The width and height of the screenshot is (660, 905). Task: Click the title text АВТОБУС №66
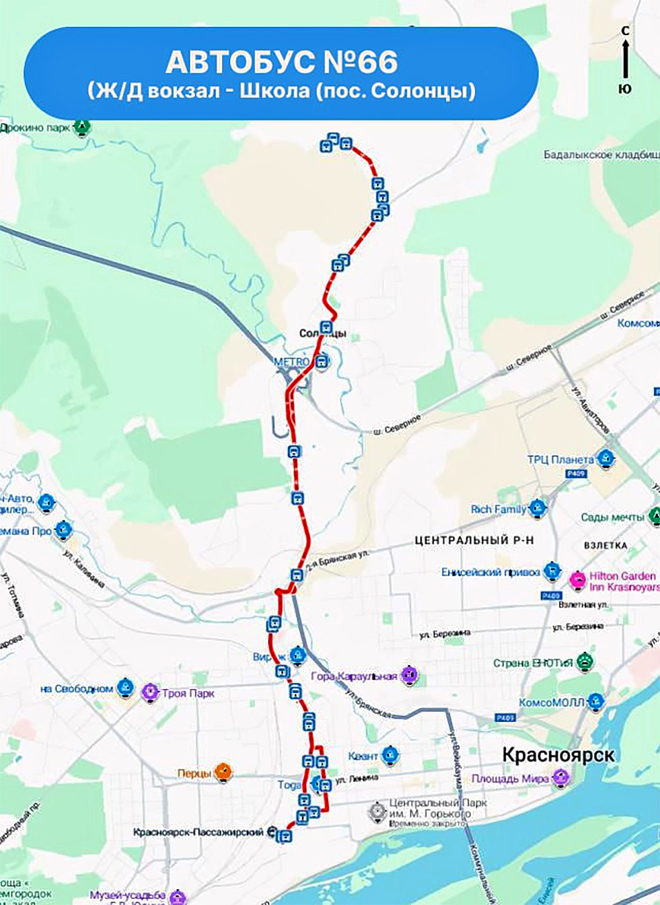click(x=281, y=63)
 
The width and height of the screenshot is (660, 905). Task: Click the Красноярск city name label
click(x=558, y=754)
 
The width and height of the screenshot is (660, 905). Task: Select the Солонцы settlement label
click(x=323, y=334)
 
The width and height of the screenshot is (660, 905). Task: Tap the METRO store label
click(x=291, y=362)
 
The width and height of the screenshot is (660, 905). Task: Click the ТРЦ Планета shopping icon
click(x=605, y=458)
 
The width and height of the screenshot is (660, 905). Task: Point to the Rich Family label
click(x=498, y=509)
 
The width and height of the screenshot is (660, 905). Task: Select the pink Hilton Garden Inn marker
click(x=577, y=579)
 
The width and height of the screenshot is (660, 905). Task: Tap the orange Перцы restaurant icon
click(x=223, y=772)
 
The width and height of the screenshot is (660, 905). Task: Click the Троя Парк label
click(x=188, y=693)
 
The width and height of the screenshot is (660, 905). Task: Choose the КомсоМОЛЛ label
click(x=551, y=702)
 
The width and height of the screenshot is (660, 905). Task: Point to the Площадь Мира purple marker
click(x=561, y=778)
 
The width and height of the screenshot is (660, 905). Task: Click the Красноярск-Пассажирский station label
click(x=198, y=832)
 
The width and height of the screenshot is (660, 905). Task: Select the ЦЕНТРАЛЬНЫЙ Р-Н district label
click(x=474, y=541)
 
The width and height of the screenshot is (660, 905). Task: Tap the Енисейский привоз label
click(x=490, y=571)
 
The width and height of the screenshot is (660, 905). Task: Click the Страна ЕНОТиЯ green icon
click(x=584, y=662)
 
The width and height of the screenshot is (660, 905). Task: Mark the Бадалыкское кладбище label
click(x=600, y=155)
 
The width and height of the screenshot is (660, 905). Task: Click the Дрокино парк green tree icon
click(x=82, y=127)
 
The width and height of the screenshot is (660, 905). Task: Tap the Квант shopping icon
click(x=390, y=756)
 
